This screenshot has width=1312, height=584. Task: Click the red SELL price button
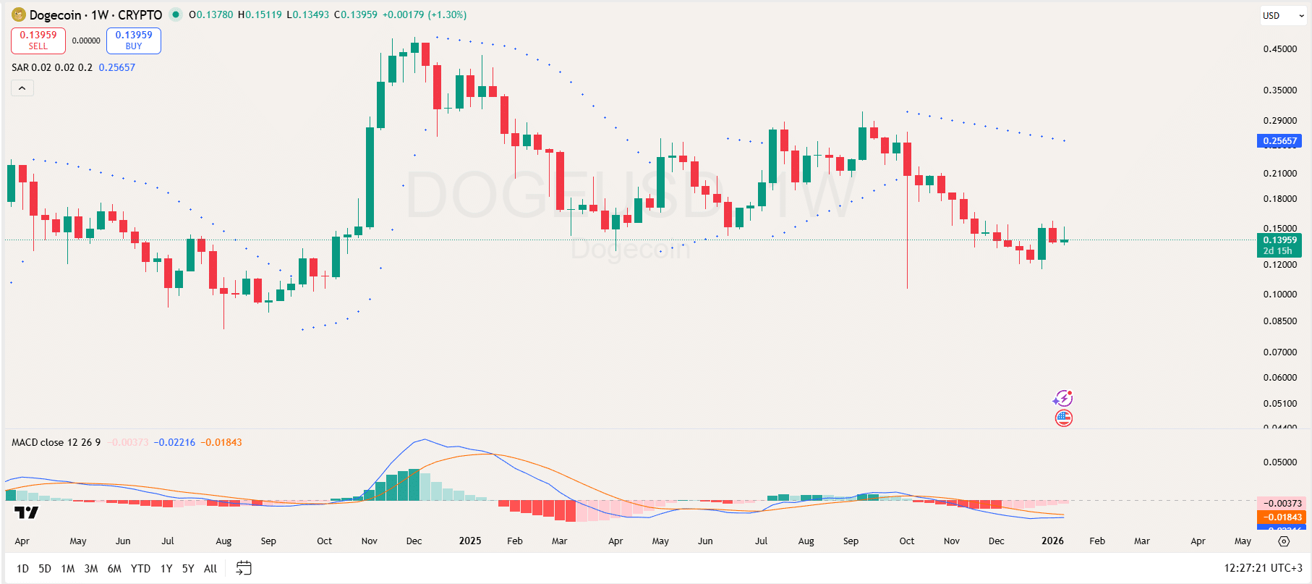tap(38, 41)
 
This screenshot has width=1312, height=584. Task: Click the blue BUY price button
tap(134, 41)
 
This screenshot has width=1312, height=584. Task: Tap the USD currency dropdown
tap(1282, 15)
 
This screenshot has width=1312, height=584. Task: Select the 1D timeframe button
tap(22, 569)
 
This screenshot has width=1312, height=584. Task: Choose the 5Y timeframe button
tap(188, 569)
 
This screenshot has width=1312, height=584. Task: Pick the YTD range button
tap(140, 569)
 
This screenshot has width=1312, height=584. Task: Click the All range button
tap(210, 569)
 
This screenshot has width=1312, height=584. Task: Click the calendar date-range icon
tap(244, 568)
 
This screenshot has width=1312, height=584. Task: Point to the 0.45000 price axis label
tap(1279, 49)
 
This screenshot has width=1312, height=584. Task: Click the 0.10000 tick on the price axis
tap(1279, 295)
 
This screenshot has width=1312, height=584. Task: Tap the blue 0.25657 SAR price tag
tap(1279, 141)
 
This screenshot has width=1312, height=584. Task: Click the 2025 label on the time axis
tap(470, 541)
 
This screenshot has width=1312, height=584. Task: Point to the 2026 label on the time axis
tap(1052, 541)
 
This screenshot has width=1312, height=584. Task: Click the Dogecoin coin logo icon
tap(19, 14)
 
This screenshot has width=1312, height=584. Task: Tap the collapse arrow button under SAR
tap(22, 88)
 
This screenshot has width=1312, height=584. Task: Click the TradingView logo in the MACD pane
tap(27, 513)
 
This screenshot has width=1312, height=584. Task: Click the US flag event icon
tap(1063, 418)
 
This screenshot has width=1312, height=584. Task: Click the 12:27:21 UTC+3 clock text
tap(1263, 568)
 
